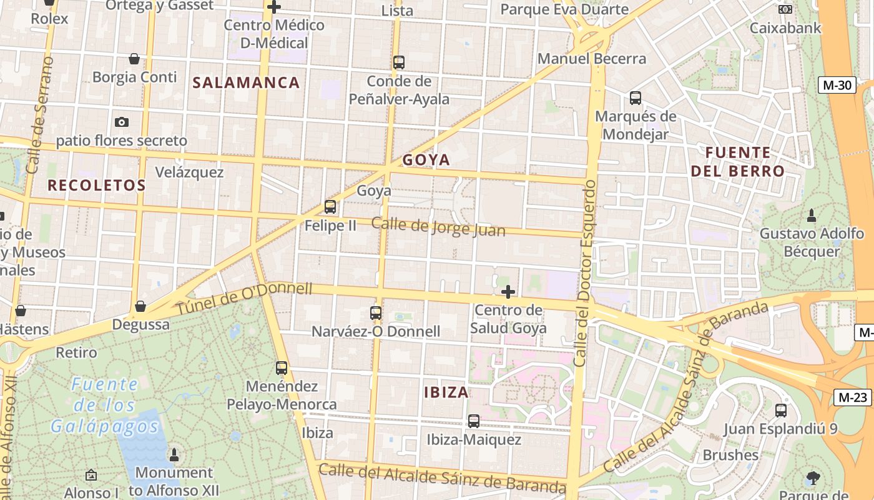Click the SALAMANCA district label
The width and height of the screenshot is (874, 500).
tap(246, 82)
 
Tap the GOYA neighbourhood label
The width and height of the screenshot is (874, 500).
tap(426, 160)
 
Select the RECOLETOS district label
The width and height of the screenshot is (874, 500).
tap(97, 185)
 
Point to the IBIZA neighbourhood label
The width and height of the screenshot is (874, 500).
tap(446, 392)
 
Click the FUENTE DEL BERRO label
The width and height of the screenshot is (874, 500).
tap(737, 162)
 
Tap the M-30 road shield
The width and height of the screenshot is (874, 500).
tap(837, 85)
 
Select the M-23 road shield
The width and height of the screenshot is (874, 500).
tap(852, 397)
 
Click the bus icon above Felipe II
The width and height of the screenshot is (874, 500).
tap(330, 206)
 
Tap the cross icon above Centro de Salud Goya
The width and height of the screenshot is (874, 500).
tap(508, 291)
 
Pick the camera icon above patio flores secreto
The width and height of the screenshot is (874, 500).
tap(122, 122)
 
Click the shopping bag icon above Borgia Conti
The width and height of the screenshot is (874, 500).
tap(134, 59)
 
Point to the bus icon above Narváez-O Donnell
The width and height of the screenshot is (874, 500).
tap(376, 312)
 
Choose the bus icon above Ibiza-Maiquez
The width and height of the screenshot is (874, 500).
tap(474, 421)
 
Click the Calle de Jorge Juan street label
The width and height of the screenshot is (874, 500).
tap(438, 226)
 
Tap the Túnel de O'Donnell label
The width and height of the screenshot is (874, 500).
tap(243, 298)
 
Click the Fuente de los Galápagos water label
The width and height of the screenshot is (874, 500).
tap(105, 405)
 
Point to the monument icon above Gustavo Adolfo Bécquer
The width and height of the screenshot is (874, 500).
tap(812, 216)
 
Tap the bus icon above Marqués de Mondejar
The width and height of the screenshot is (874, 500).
tap(636, 98)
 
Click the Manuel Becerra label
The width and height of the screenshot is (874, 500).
tap(592, 59)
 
